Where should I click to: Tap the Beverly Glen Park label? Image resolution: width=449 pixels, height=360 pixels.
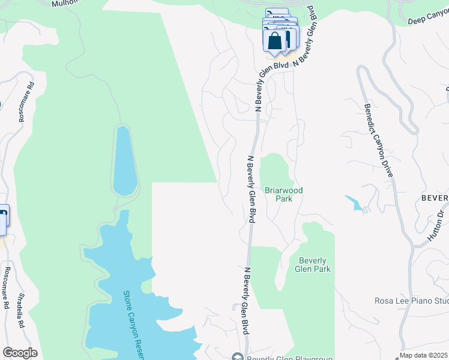point(313,265)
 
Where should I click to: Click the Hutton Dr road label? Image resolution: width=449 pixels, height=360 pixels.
point(437,224)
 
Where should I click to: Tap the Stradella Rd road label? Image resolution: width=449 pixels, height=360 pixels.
point(20,310)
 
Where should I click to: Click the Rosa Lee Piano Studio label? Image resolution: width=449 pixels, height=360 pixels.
point(411,301)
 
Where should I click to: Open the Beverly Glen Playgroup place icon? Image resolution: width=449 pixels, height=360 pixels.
point(237,358)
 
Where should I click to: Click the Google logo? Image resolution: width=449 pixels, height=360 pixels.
point(19,353)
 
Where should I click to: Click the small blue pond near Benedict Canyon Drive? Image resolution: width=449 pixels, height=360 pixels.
point(356,203)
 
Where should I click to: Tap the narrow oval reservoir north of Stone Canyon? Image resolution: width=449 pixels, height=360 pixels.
point(125,160)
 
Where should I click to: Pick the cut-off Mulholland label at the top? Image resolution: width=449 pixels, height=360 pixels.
point(66,3)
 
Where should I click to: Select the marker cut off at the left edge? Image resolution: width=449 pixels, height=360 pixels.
point(3,220)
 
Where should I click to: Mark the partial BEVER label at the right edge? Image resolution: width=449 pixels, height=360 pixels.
point(435,198)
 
